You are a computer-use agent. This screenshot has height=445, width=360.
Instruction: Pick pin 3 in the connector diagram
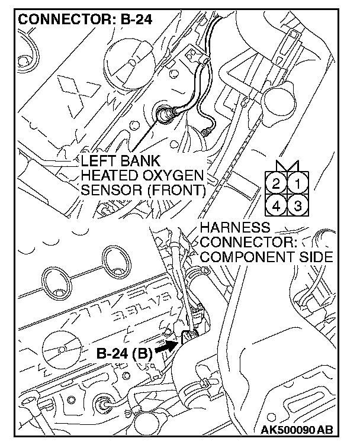(297, 205)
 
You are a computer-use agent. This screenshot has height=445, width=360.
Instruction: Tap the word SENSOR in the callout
(107, 190)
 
